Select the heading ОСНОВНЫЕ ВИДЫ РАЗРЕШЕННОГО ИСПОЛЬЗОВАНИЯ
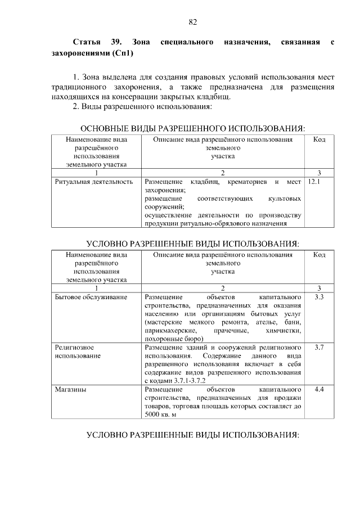[x=193, y=128]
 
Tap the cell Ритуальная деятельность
[x=94, y=182]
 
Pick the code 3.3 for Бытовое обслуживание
[x=319, y=296]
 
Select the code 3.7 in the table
[x=319, y=348]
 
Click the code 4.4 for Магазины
[x=319, y=389]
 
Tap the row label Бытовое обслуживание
[x=91, y=296]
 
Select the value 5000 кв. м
[x=160, y=415]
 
